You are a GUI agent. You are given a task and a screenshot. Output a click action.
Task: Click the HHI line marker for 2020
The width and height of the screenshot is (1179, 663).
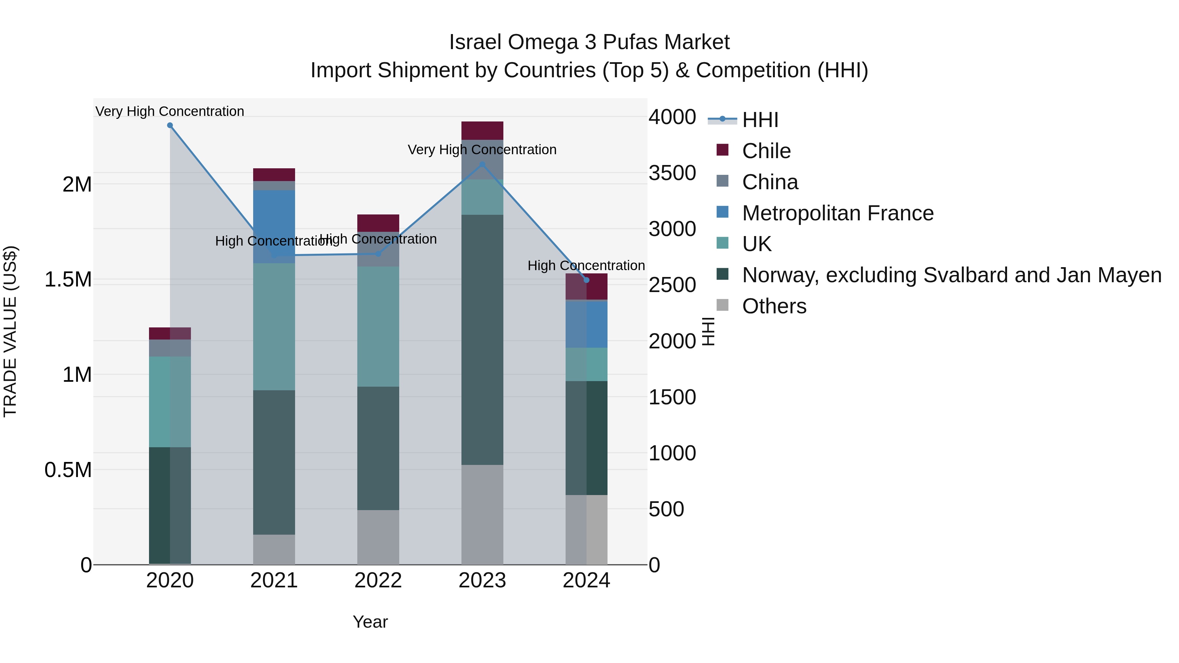point(170,125)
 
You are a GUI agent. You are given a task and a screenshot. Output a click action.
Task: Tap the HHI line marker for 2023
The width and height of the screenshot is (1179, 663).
point(482,164)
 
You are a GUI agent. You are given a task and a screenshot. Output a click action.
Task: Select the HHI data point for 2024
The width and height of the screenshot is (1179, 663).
point(586,280)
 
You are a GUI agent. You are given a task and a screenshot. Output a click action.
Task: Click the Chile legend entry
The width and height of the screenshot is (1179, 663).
point(766,151)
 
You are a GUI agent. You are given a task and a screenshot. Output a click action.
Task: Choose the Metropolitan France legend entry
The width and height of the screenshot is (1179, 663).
point(837,213)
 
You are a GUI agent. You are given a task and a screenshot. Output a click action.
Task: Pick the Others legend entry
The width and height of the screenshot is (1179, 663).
point(774,306)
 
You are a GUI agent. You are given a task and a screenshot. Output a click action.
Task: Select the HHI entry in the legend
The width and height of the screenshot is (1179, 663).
point(760,120)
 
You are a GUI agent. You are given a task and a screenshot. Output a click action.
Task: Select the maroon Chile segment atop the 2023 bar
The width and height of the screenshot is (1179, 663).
point(482,130)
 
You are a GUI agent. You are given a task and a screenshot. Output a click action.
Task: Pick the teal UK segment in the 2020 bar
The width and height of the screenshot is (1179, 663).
point(170,401)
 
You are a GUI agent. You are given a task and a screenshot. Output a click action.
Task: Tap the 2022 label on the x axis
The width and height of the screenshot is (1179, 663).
point(378,580)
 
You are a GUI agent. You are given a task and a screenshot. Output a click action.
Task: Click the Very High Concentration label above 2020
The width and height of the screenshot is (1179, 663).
point(170,111)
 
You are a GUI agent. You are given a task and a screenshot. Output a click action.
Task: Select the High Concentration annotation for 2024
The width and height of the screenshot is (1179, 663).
point(586,266)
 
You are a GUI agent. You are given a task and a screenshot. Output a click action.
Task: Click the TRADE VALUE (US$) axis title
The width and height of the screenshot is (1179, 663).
point(10,331)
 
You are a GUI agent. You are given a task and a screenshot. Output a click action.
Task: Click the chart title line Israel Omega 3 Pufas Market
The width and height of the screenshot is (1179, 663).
point(589,42)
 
